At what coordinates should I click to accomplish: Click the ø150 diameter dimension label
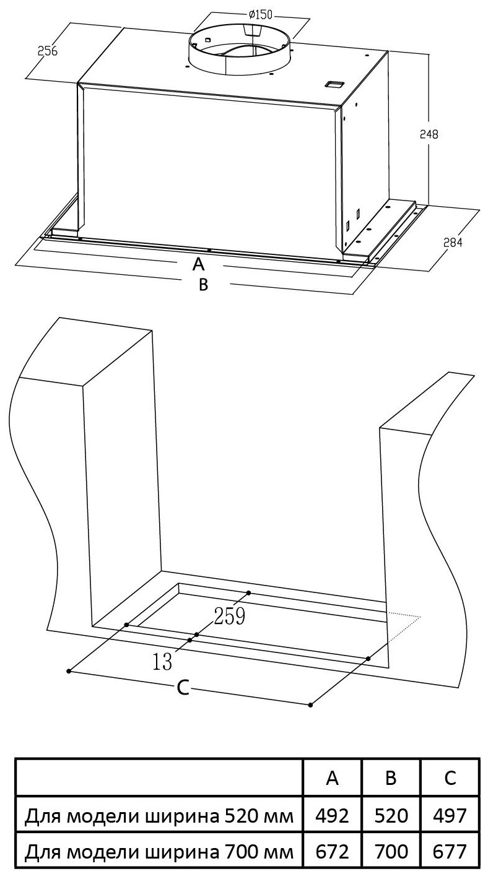pyautogui.click(x=260, y=15)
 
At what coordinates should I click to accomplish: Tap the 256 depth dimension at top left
pyautogui.click(x=47, y=51)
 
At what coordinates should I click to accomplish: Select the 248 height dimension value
pyautogui.click(x=429, y=134)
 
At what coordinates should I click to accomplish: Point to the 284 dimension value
pyautogui.click(x=453, y=243)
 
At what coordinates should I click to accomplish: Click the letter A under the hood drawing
pyautogui.click(x=199, y=264)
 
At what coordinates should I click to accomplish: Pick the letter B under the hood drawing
pyautogui.click(x=203, y=285)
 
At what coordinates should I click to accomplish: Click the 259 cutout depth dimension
pyautogui.click(x=230, y=616)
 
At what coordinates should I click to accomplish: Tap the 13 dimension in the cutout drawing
pyautogui.click(x=162, y=662)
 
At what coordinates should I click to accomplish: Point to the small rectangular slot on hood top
pyautogui.click(x=334, y=84)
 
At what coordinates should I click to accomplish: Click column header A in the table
pyautogui.click(x=332, y=777)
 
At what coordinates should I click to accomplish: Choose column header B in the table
pyautogui.click(x=391, y=777)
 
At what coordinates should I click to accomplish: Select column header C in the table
pyautogui.click(x=450, y=777)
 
